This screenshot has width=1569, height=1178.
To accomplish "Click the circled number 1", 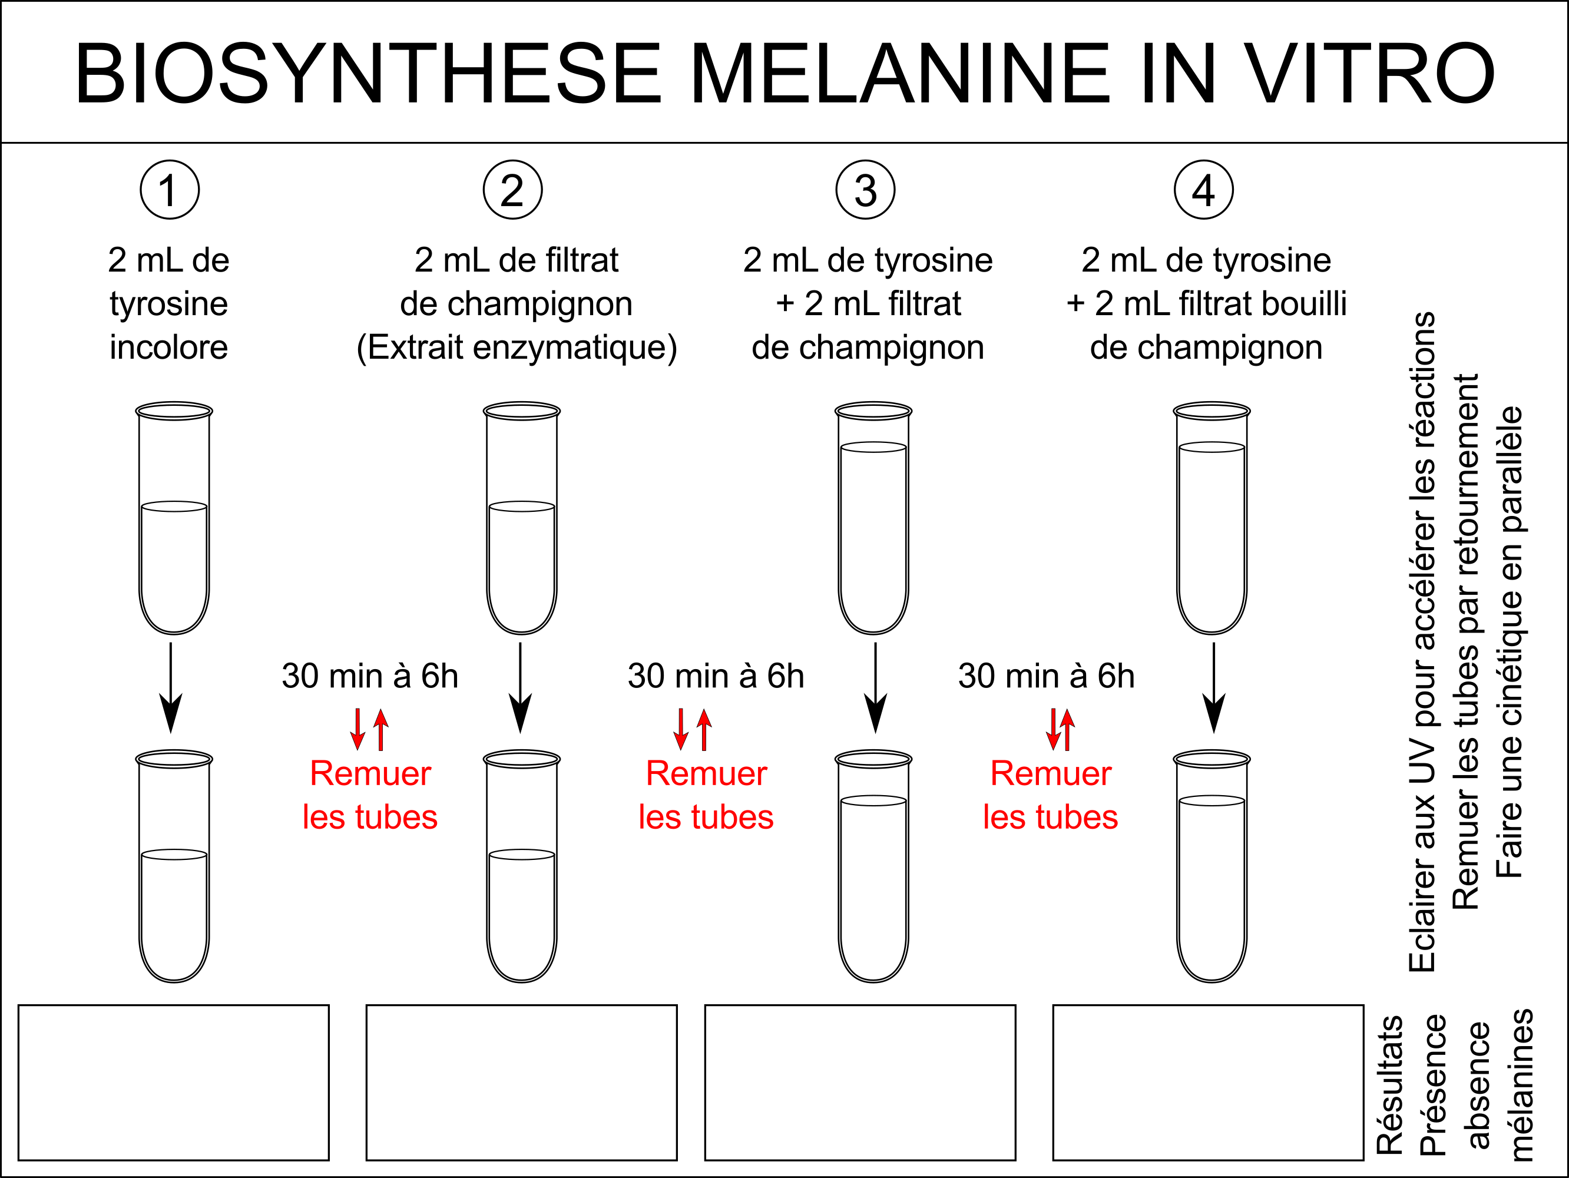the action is (170, 190).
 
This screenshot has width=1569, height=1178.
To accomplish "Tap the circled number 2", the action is (512, 190).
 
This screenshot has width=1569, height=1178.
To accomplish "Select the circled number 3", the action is (865, 190).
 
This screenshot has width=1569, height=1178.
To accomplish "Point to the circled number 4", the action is (1203, 190).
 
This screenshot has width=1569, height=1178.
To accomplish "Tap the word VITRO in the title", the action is (1369, 73).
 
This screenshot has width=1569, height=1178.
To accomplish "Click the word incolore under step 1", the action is (169, 348).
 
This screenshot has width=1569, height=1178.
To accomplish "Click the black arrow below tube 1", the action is (170, 687).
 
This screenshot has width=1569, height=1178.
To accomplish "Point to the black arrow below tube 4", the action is (1214, 687).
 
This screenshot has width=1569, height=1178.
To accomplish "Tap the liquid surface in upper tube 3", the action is (873, 448).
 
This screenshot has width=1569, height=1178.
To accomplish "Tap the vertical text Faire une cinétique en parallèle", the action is (1509, 642).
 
